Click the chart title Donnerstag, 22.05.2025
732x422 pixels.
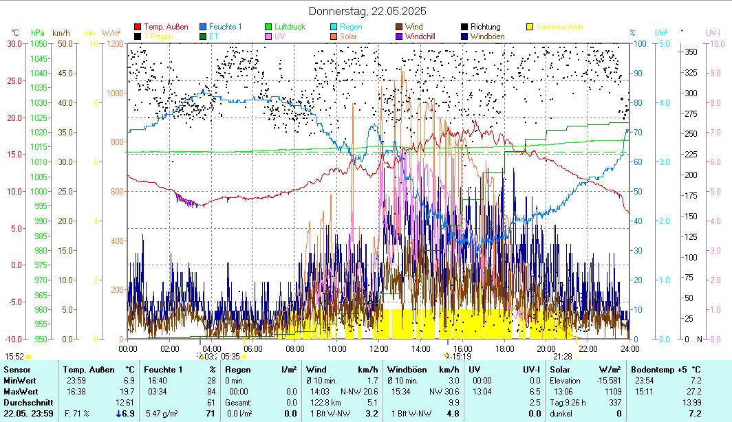(367, 11)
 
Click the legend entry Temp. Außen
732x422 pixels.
(166, 27)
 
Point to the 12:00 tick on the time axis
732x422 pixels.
(378, 348)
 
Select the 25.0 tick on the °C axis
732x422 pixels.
(14, 80)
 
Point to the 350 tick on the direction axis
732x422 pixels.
(691, 52)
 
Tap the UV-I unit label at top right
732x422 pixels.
(713, 32)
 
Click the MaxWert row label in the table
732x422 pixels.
(21, 391)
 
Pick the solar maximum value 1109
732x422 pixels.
(614, 391)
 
